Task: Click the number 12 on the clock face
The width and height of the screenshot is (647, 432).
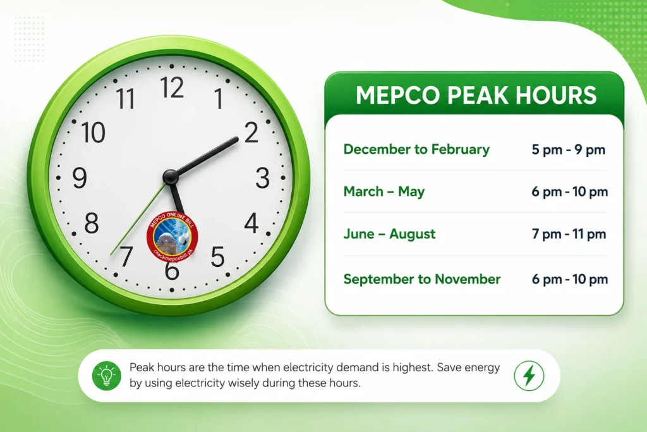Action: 172,87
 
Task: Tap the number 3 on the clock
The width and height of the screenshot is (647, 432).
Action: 262,178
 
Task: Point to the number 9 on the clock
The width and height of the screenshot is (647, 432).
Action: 80,178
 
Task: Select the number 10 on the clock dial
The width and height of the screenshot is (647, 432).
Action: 94,133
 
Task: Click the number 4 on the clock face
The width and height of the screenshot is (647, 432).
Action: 251,223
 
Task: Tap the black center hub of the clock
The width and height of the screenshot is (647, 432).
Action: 171,176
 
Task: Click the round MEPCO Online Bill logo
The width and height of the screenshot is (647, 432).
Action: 172,237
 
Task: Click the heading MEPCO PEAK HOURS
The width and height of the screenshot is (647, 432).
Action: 476,96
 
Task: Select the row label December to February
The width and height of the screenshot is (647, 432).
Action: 416,149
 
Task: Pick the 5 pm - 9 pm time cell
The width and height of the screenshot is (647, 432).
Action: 568,149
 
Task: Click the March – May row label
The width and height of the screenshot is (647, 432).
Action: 384,192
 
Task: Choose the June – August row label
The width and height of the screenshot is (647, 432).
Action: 389,234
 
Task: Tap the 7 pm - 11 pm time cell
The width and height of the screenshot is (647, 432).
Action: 569,234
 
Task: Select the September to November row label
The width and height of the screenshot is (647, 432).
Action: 421,279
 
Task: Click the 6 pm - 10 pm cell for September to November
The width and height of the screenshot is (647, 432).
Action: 569,279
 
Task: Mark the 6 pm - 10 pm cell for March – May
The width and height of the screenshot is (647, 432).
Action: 569,192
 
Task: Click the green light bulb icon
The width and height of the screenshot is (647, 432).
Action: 106,376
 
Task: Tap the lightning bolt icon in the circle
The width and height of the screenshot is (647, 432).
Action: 529,376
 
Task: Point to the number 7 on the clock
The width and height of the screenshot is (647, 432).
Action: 126,256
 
